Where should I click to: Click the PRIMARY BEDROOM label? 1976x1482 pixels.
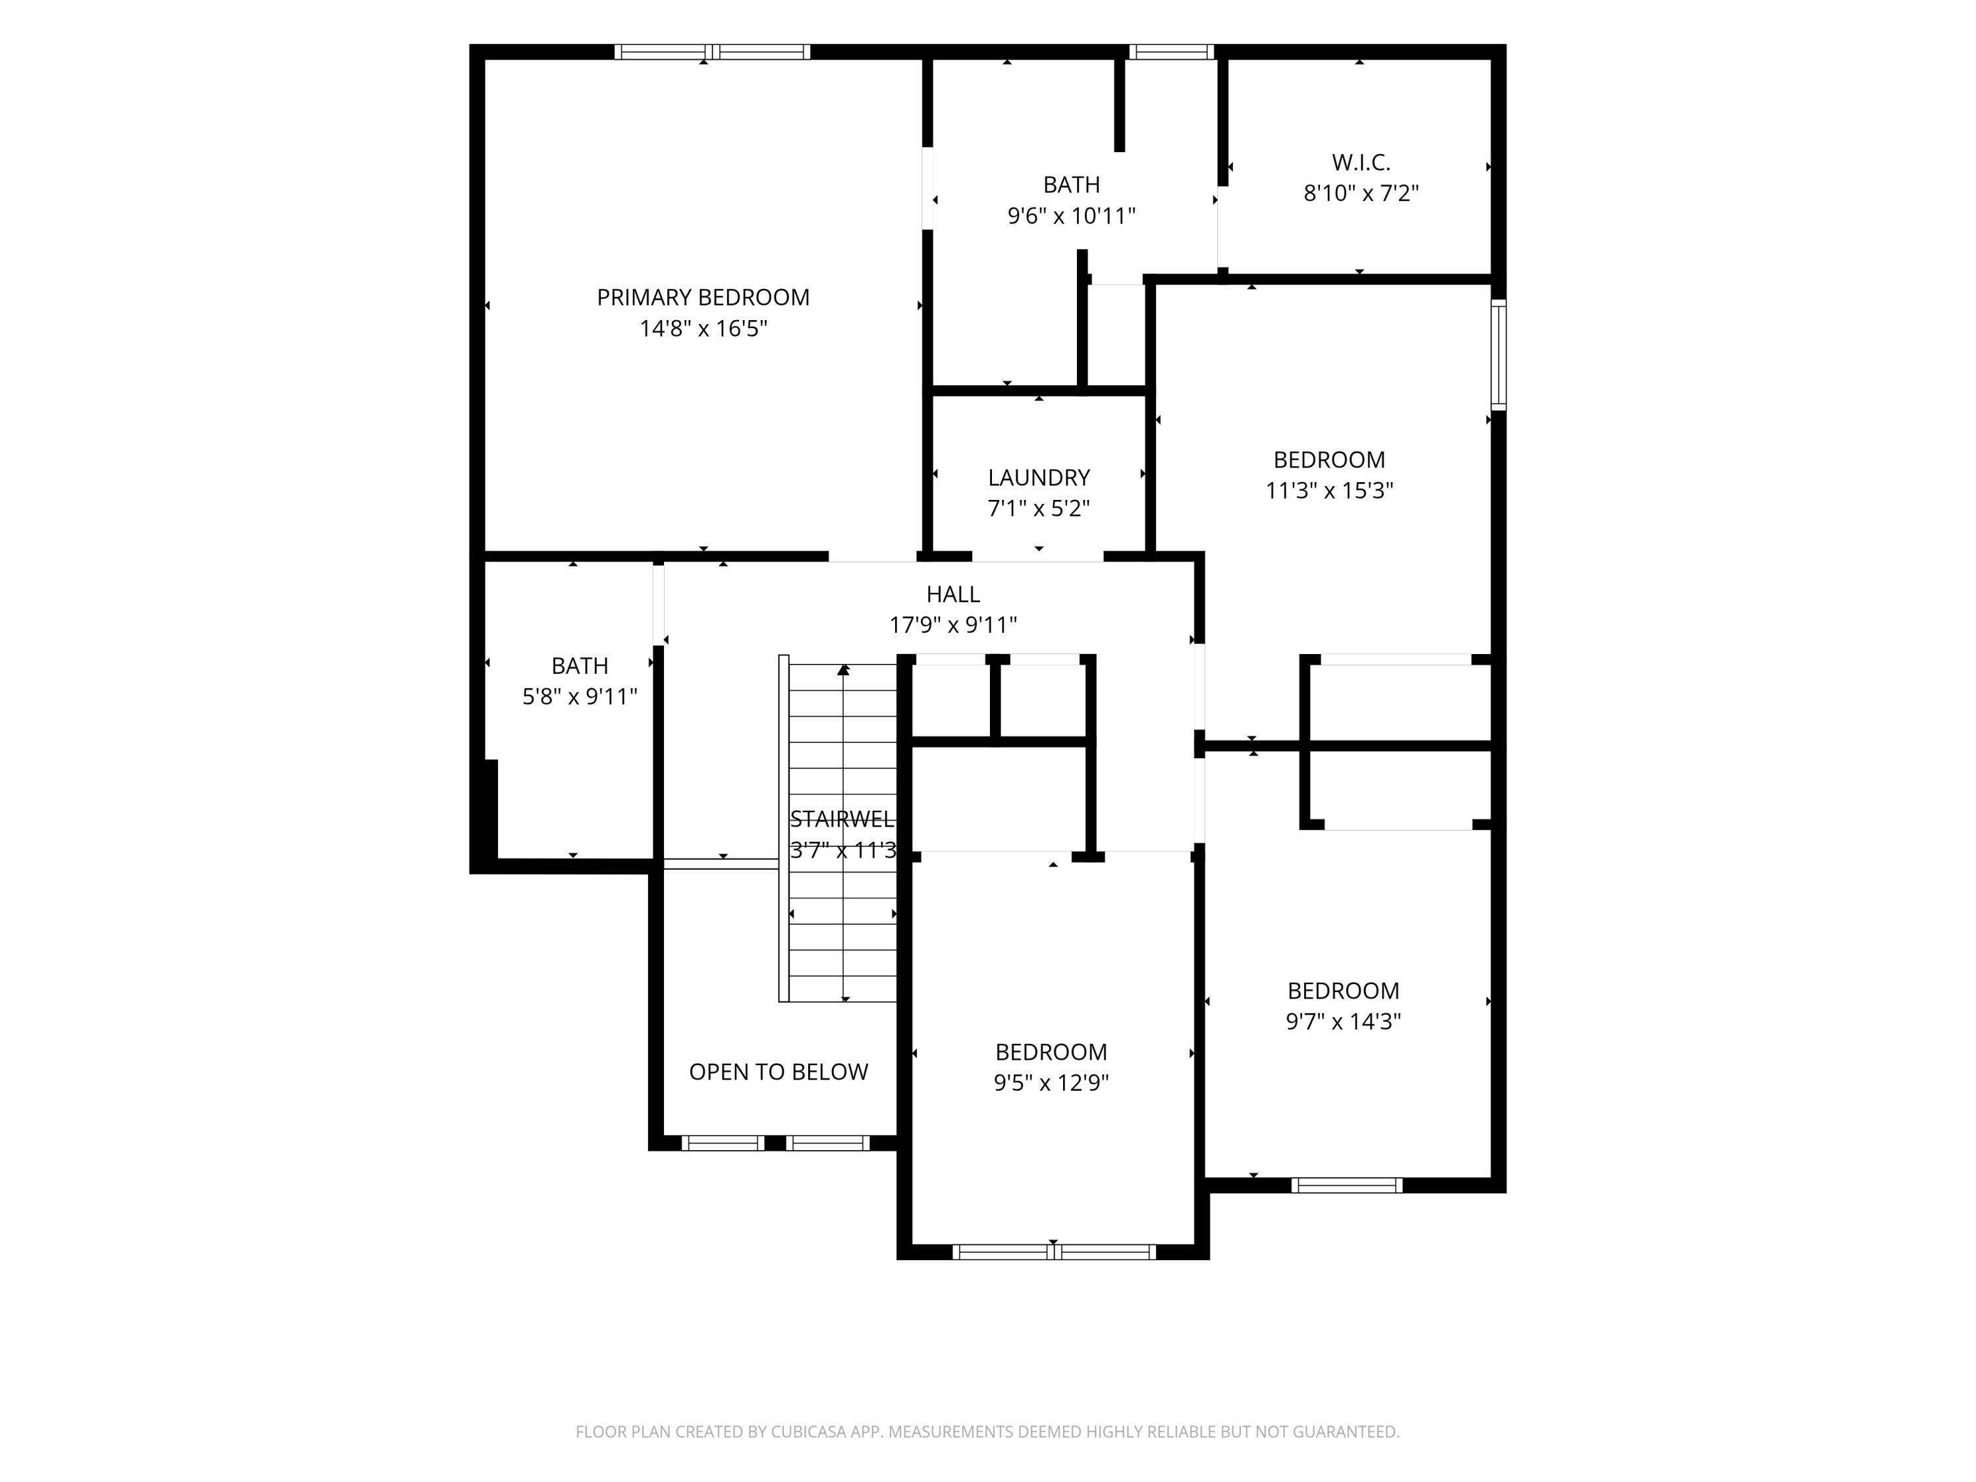pyautogui.click(x=703, y=298)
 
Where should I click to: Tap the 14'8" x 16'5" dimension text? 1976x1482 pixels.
pyautogui.click(x=703, y=329)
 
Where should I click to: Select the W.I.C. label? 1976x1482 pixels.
pyautogui.click(x=1361, y=163)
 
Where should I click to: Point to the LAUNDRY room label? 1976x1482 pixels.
pyautogui.click(x=1039, y=478)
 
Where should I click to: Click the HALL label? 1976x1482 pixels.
pyautogui.click(x=953, y=594)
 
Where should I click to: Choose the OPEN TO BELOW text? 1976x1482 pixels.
pyautogui.click(x=778, y=1072)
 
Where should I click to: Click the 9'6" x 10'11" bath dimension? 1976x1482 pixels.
pyautogui.click(x=1071, y=216)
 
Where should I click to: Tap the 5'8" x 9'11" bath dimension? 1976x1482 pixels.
pyautogui.click(x=580, y=697)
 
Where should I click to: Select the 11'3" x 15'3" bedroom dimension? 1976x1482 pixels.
pyautogui.click(x=1329, y=491)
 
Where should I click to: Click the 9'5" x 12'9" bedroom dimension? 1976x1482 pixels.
pyautogui.click(x=1051, y=1083)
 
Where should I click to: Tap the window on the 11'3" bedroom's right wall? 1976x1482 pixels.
pyautogui.click(x=1499, y=354)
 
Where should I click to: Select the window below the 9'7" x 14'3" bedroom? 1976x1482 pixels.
pyautogui.click(x=1346, y=1186)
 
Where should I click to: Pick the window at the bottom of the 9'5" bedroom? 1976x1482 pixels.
pyautogui.click(x=1054, y=1252)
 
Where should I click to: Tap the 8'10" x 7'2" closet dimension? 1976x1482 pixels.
pyautogui.click(x=1361, y=194)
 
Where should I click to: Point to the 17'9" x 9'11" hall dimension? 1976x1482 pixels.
pyautogui.click(x=953, y=625)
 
